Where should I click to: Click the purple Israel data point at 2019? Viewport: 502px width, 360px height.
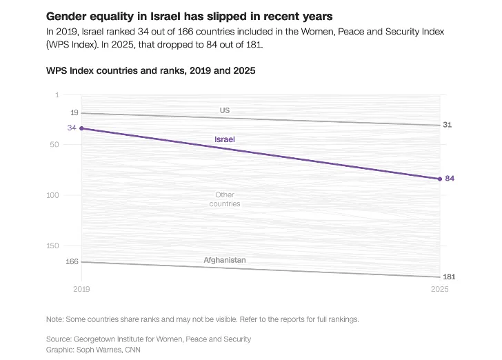(81, 128)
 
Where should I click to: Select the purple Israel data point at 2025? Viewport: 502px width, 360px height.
(439, 179)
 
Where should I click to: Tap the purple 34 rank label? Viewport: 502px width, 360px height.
(72, 128)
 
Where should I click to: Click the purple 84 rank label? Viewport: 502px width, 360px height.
(450, 179)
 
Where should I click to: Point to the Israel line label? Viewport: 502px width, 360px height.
(225, 139)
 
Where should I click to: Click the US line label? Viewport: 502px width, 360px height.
(225, 110)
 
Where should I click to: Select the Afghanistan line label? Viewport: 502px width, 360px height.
(225, 260)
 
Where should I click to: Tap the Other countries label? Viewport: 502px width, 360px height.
(225, 199)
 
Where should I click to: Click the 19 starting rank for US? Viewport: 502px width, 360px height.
(74, 112)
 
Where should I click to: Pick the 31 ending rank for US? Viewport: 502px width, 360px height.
(448, 125)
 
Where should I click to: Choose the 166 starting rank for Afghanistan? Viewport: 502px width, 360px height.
(72, 261)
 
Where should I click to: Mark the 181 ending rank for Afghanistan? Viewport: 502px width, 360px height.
(450, 277)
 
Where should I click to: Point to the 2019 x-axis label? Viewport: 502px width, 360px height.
(81, 290)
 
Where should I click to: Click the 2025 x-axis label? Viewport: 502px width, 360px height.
(439, 290)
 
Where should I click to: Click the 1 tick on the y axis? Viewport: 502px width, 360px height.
(76, 94)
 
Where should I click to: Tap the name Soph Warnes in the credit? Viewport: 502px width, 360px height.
(99, 350)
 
